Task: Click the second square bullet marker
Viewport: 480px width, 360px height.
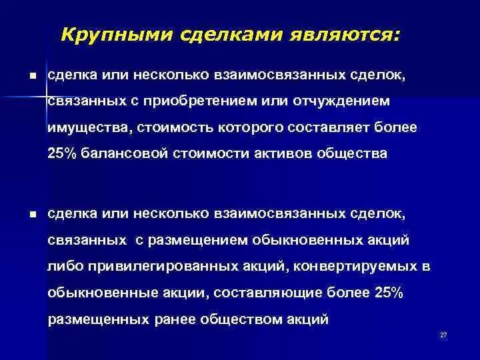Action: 33,215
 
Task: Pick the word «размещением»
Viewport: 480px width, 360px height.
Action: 198,240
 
